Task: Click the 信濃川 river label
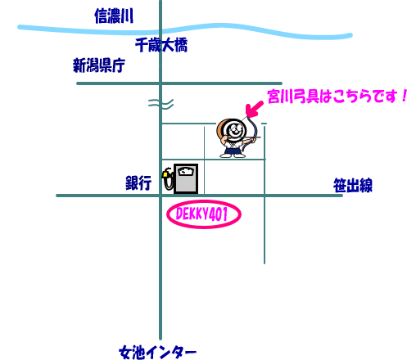114,16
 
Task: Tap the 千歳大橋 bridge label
161,45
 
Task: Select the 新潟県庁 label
99,65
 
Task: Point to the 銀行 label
138,182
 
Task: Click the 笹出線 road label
353,186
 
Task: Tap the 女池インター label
158,353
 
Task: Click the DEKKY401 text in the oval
201,214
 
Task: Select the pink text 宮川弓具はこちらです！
337,97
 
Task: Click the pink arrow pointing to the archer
254,109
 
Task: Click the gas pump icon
180,178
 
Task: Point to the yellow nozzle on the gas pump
165,173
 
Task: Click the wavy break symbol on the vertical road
161,104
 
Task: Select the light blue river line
185,29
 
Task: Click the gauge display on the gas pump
186,172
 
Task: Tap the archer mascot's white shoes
233,155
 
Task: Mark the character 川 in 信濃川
128,16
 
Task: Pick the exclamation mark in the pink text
405,96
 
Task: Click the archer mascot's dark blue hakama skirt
234,149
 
